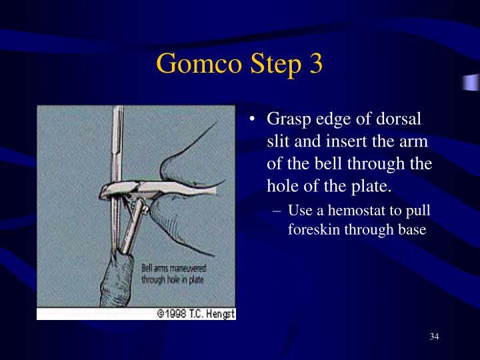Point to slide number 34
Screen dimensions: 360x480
(434, 336)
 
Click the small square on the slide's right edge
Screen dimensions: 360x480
(472, 83)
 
